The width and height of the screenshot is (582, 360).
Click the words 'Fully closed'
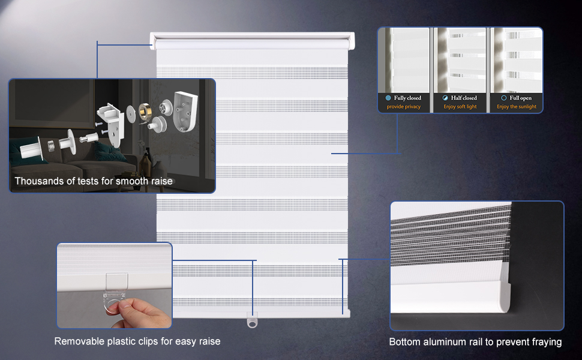pos(407,98)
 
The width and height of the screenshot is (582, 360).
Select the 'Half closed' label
pos(464,98)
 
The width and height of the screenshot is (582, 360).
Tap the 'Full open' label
pos(520,98)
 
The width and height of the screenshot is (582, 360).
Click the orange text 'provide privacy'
pos(404,107)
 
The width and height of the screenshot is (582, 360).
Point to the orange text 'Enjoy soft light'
pos(460,107)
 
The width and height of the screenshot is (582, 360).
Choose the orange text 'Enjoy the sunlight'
pos(517,107)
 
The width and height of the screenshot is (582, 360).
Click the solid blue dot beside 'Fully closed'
pos(388,98)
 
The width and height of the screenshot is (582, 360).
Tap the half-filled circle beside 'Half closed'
pos(445,98)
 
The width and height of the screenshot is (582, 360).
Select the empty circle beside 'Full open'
pos(503,98)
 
